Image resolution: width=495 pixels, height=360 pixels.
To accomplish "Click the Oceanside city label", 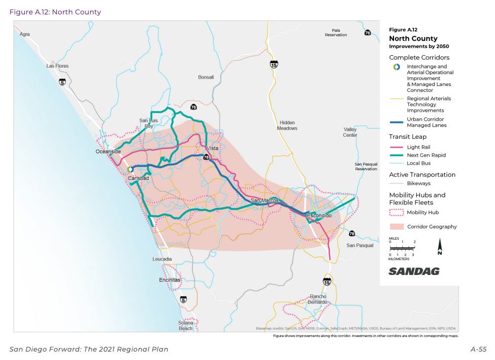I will [108, 152].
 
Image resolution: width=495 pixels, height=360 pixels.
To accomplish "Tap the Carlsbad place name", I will [138, 178].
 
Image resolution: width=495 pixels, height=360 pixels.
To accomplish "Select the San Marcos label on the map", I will [264, 200].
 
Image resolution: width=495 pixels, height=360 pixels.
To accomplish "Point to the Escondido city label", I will [319, 216].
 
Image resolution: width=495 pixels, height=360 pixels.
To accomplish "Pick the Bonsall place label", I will [205, 78].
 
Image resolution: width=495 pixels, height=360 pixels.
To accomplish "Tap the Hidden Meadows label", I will [288, 125].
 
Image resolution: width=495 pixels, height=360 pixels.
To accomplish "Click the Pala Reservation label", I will [336, 32].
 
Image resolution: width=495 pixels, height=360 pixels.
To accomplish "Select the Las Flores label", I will [57, 66].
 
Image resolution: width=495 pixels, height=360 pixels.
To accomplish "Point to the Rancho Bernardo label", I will [318, 299].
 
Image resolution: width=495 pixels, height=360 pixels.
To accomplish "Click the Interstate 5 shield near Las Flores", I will [62, 82].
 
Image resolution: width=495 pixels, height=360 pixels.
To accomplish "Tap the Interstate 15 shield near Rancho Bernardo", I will [326, 282].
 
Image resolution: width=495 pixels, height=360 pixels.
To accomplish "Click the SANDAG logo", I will [414, 271].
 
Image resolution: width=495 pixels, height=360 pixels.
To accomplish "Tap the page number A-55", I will [478, 350].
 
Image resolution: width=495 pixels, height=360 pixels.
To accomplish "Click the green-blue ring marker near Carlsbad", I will [130, 169].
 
